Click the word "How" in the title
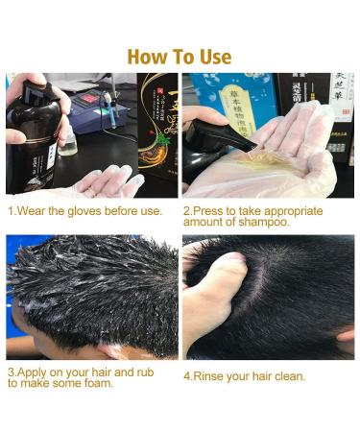point(145,57)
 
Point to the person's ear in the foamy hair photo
point(29,331)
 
